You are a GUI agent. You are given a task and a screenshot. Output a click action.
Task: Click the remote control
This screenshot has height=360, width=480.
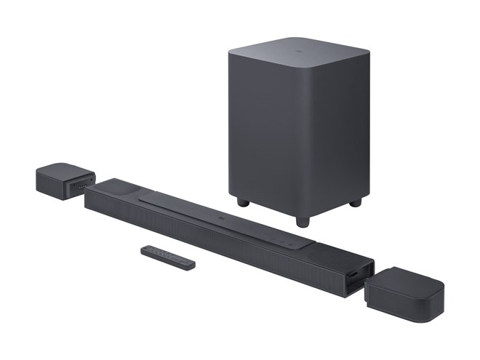pyautogui.click(x=168, y=257)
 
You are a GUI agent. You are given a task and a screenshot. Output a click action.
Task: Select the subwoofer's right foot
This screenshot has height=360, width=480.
pyautogui.click(x=355, y=202)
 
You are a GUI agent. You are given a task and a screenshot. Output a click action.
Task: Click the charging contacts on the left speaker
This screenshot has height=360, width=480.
pyautogui.click(x=84, y=184)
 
